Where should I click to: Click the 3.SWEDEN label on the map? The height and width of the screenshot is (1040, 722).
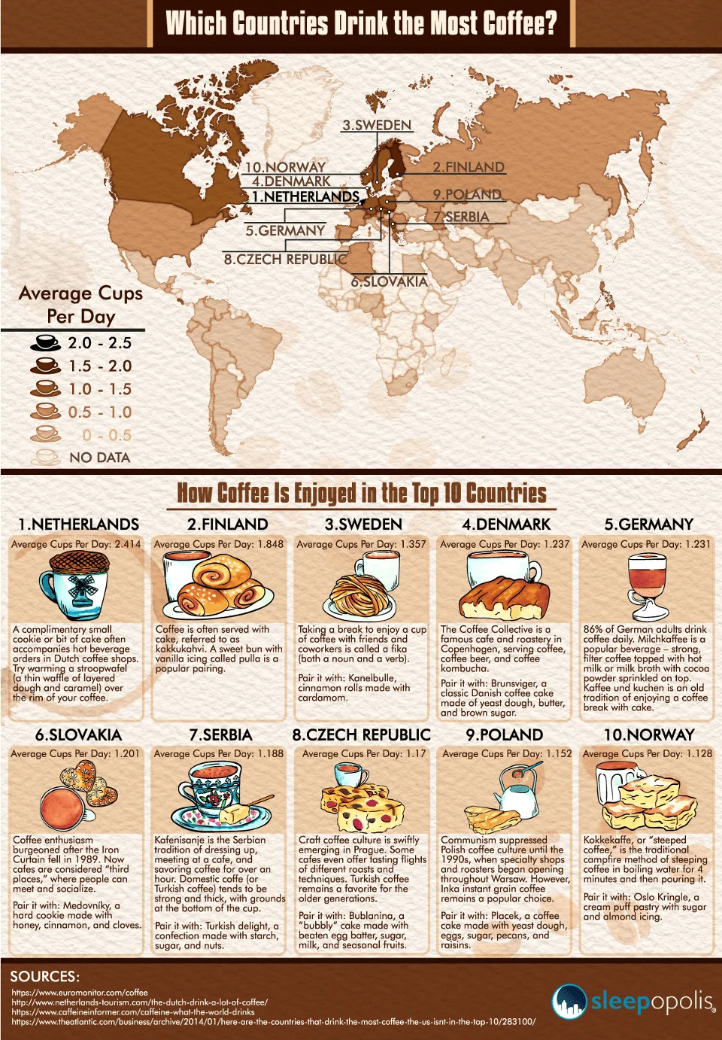click(x=377, y=126)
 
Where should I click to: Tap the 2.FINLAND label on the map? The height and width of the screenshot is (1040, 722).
click(x=468, y=167)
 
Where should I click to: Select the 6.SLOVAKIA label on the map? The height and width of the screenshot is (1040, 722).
click(x=389, y=281)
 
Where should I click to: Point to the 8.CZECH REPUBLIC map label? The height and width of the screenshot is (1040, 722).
click(x=285, y=259)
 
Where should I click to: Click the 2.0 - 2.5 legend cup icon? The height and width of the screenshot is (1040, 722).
click(x=45, y=342)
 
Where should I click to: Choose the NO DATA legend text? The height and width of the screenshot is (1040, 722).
click(x=99, y=458)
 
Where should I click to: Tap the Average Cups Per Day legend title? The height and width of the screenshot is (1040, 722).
click(x=80, y=304)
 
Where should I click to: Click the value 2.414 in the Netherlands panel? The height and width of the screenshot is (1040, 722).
click(x=127, y=544)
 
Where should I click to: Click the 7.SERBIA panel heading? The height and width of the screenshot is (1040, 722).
click(x=220, y=734)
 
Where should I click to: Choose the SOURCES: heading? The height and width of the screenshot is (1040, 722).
click(x=44, y=976)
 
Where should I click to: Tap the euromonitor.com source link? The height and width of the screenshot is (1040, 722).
click(x=80, y=993)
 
